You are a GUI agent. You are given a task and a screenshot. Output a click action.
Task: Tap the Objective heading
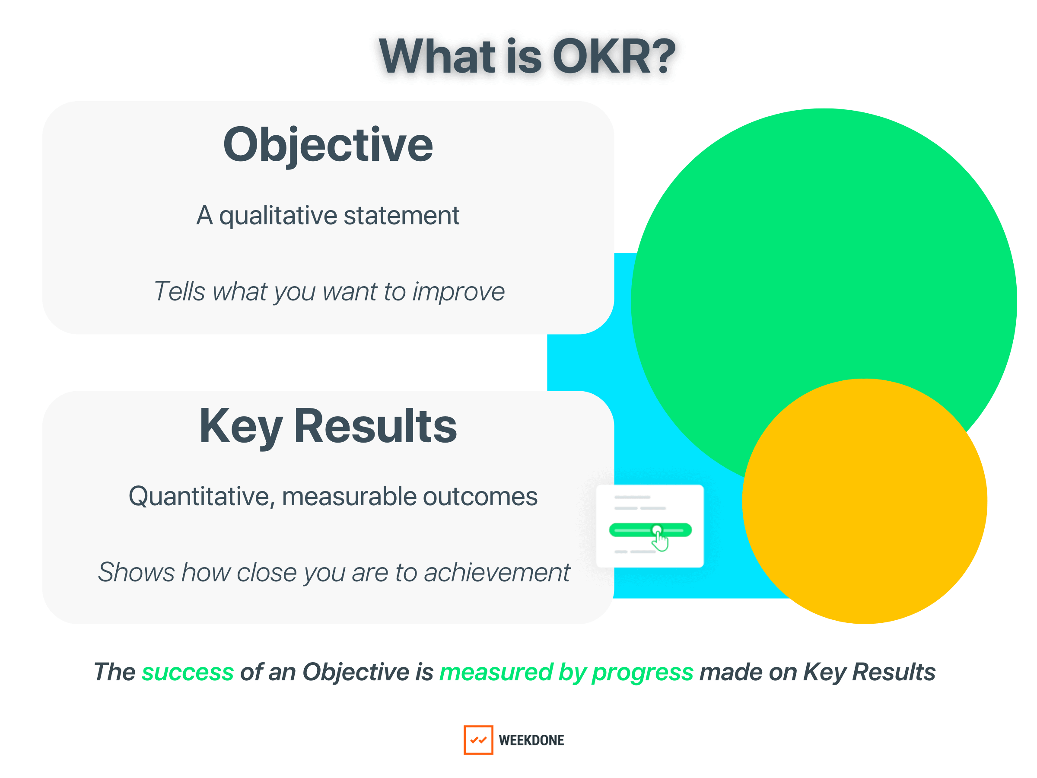[x=328, y=145]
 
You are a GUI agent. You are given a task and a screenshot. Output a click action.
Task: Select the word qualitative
[x=277, y=217]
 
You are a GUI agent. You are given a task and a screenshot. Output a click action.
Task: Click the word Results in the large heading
[x=375, y=426]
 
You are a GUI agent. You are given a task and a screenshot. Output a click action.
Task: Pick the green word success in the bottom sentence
[x=188, y=673]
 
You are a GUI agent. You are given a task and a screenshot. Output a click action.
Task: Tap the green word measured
[x=496, y=673]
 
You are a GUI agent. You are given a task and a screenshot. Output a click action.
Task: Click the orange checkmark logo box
[x=478, y=740]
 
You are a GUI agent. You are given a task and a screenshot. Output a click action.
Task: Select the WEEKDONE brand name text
[x=531, y=740]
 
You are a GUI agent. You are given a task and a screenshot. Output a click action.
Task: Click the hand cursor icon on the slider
[x=660, y=542]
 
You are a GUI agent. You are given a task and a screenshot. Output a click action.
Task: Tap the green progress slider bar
[x=628, y=530]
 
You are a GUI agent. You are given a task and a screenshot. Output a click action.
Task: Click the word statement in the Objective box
[x=401, y=216]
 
